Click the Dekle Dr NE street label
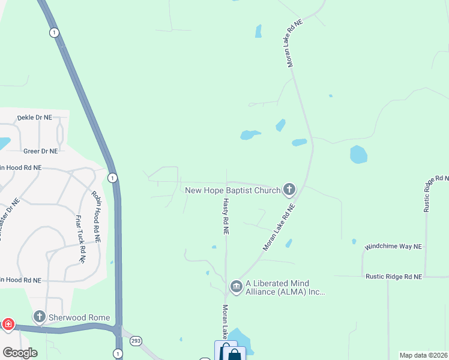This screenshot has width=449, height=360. coord(35,118)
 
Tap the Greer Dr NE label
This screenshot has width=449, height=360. coord(40,151)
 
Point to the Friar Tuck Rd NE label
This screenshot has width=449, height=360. coord(80,238)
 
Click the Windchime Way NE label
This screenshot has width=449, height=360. coord(394,247)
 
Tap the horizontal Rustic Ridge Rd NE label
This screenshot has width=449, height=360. coord(394,277)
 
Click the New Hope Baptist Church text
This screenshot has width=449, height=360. coord(232,191)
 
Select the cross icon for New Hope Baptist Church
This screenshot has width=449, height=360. coord(289,190)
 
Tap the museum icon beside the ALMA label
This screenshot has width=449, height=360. coord(236,284)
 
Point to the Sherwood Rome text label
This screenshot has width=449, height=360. coord(80,317)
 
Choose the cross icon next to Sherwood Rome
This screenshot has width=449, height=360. coord(40,316)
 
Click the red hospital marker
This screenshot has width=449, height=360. coord(8,325)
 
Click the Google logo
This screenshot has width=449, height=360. coord(20,352)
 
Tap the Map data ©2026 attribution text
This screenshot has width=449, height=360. coord(423,355)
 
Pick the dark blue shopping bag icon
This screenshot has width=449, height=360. coord(234,355)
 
